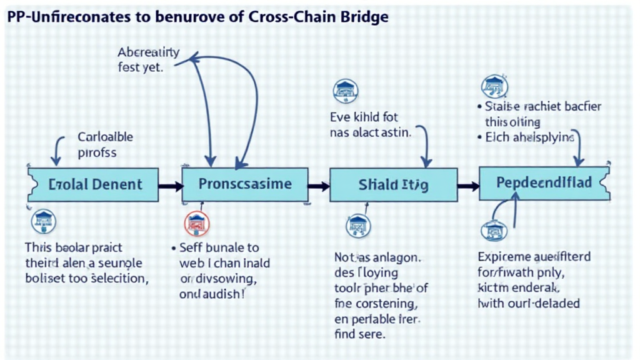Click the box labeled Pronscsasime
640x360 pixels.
(x=244, y=184)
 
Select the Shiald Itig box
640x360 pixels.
(x=393, y=186)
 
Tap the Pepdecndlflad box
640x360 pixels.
(x=544, y=183)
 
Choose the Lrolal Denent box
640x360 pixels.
(x=94, y=184)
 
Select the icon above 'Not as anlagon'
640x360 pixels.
(x=358, y=223)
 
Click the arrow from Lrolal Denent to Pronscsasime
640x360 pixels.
(x=170, y=186)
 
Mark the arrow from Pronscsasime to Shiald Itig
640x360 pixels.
(x=318, y=186)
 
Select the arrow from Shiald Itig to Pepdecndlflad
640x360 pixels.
(x=467, y=185)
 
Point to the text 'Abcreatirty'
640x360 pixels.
(x=148, y=52)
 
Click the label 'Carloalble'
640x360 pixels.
(x=104, y=137)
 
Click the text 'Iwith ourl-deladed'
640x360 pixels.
(x=529, y=304)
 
